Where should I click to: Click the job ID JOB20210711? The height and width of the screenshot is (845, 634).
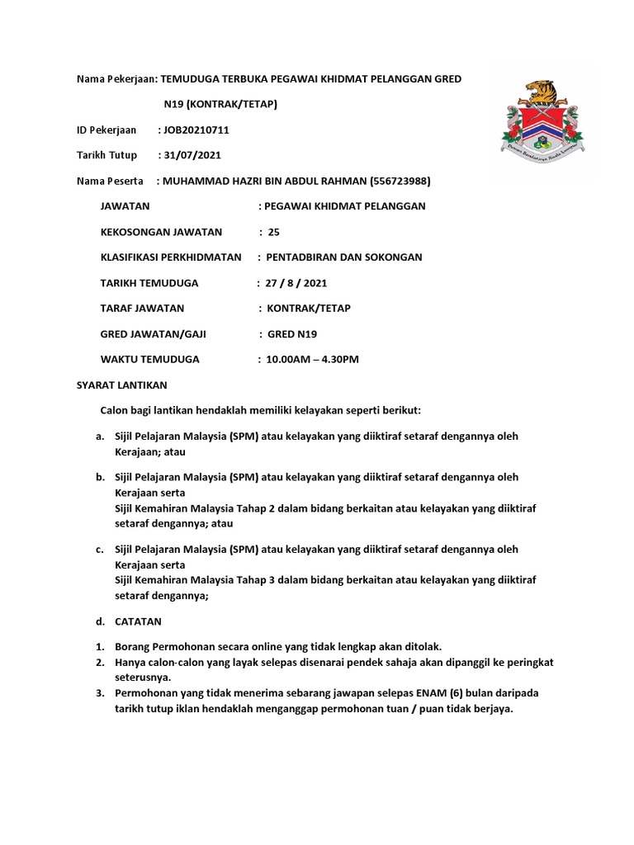[x=196, y=130]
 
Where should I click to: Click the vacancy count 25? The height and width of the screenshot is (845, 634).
[x=274, y=232]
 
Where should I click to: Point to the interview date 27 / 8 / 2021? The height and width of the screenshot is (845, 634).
[x=296, y=283]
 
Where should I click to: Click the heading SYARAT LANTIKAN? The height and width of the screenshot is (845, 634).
[x=122, y=385]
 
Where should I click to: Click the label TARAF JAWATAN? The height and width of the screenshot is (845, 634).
[x=142, y=308]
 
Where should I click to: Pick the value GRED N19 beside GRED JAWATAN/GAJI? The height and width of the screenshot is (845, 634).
[x=291, y=334]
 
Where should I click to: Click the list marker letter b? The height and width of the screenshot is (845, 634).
[x=99, y=477]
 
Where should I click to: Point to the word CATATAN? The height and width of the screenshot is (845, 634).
[x=139, y=621]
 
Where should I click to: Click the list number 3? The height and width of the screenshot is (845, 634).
[x=98, y=693]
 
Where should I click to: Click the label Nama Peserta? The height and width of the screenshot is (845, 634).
[x=110, y=181]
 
